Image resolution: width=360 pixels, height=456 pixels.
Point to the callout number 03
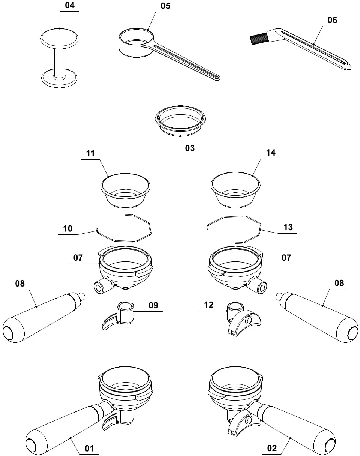click(190, 148)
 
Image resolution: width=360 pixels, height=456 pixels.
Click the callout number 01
click(90, 448)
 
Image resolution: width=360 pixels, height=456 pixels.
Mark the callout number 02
click(272, 448)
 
